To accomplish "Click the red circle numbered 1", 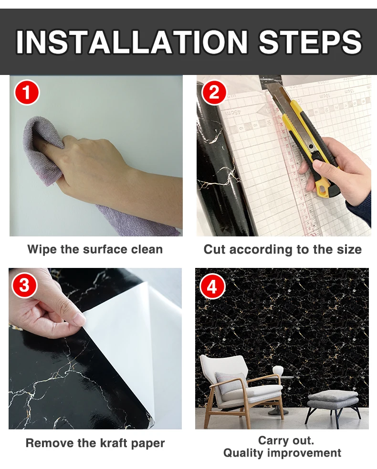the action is [x=27, y=93].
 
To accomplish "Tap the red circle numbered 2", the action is [x=214, y=93].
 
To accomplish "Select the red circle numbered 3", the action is [x=24, y=285].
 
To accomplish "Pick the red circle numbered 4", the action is [x=212, y=288].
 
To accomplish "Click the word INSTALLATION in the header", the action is [x=132, y=42].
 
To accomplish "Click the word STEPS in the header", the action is [x=310, y=42].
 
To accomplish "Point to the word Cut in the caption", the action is [x=214, y=249].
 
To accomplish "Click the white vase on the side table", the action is [x=278, y=372].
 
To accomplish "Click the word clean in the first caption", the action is [x=150, y=249].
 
